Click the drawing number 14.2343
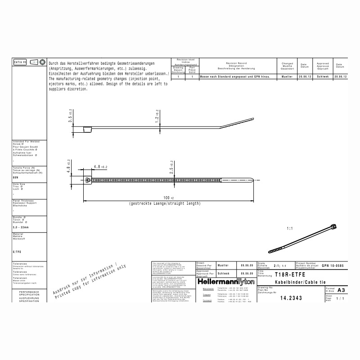(291, 298)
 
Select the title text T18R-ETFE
(287, 274)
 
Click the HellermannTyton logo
(225, 281)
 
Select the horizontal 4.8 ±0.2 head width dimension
(100, 167)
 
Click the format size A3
(341, 290)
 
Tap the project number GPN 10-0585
(333, 266)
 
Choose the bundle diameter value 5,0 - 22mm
(21, 228)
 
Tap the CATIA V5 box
(20, 62)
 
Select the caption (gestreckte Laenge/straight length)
(165, 204)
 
